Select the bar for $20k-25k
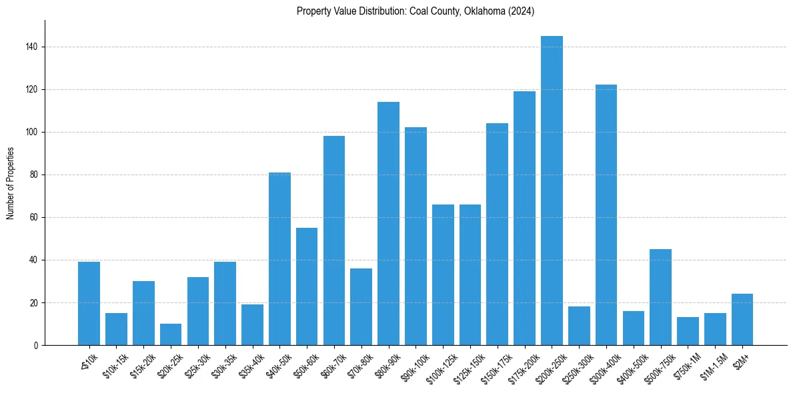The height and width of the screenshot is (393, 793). pyautogui.click(x=171, y=334)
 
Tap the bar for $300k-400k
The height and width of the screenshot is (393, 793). pyautogui.click(x=606, y=214)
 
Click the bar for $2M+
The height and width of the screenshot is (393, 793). pyautogui.click(x=742, y=319)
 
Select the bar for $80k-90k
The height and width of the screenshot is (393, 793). pyautogui.click(x=388, y=223)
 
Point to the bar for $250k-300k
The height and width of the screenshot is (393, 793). pyautogui.click(x=579, y=326)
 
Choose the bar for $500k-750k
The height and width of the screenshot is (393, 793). pyautogui.click(x=660, y=297)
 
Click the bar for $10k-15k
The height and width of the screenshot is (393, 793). pyautogui.click(x=116, y=329)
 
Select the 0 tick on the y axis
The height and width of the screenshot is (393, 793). pyautogui.click(x=39, y=345)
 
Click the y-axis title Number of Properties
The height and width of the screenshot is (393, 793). pyautogui.click(x=10, y=183)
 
